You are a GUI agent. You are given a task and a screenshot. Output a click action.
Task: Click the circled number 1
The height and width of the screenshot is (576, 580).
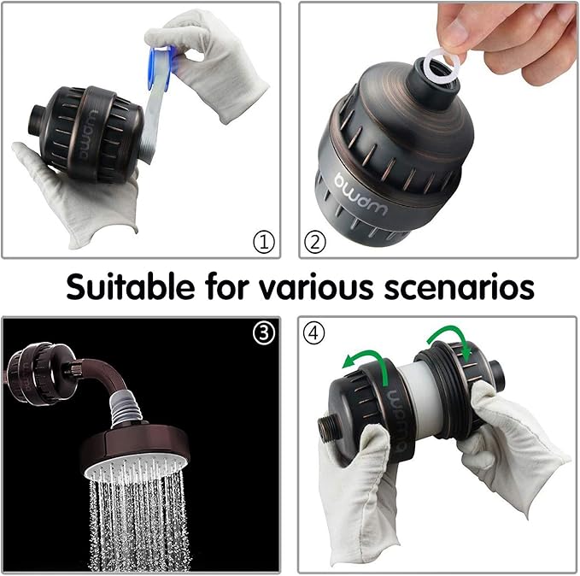click(x=264, y=242)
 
